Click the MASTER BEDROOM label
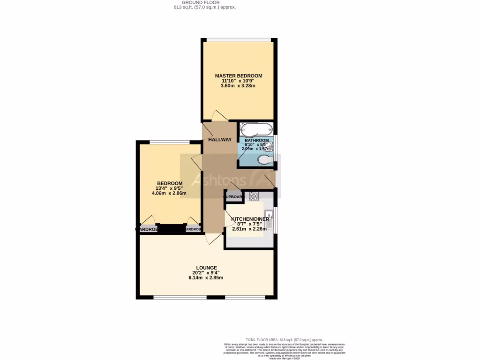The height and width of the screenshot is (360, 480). click(239, 75)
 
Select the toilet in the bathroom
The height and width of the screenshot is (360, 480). click(265, 161)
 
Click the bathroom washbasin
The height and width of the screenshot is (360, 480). click(270, 146)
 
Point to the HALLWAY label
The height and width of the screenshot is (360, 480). click(220, 140)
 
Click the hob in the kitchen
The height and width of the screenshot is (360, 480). click(254, 196)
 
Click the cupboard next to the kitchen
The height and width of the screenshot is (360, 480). click(234, 197)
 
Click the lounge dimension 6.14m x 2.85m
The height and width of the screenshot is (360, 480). click(208, 277)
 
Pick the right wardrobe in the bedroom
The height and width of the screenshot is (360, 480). click(193, 229)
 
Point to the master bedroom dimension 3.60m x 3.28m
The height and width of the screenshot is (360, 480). click(239, 86)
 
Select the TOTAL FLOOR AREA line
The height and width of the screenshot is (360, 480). click(285, 340)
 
